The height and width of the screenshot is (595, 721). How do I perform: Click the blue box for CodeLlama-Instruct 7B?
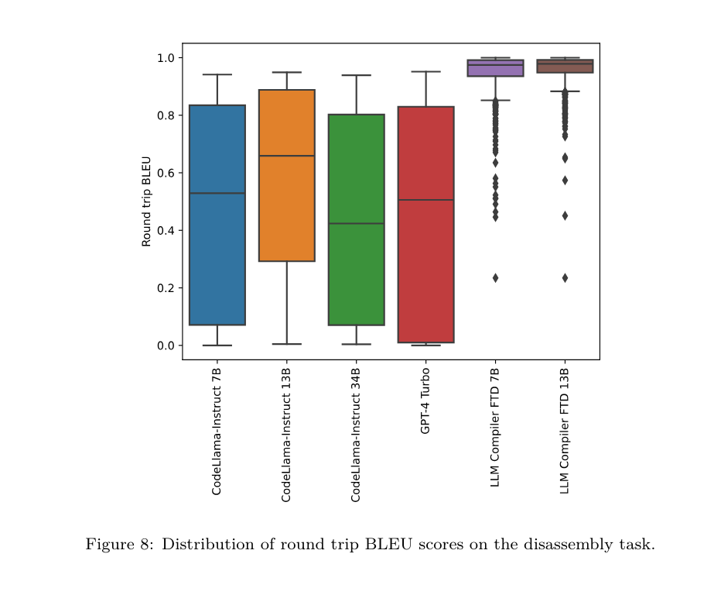point(217,232)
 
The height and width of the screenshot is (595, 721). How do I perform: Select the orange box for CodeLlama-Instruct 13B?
point(286,201)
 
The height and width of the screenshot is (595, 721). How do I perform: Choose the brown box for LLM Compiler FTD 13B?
point(565,67)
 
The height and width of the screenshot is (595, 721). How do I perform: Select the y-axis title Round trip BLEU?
point(146,201)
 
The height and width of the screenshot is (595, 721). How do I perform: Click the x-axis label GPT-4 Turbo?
point(425,402)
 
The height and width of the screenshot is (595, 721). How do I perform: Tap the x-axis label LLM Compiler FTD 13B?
point(564,427)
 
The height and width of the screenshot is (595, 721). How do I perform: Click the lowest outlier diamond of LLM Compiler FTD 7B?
point(495,278)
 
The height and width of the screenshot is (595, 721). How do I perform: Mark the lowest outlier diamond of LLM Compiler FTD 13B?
point(565,278)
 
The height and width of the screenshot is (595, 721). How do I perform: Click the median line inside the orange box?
point(286,156)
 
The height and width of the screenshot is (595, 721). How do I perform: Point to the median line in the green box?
point(356,223)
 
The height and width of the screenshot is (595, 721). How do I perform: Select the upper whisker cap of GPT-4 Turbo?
point(425,71)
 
